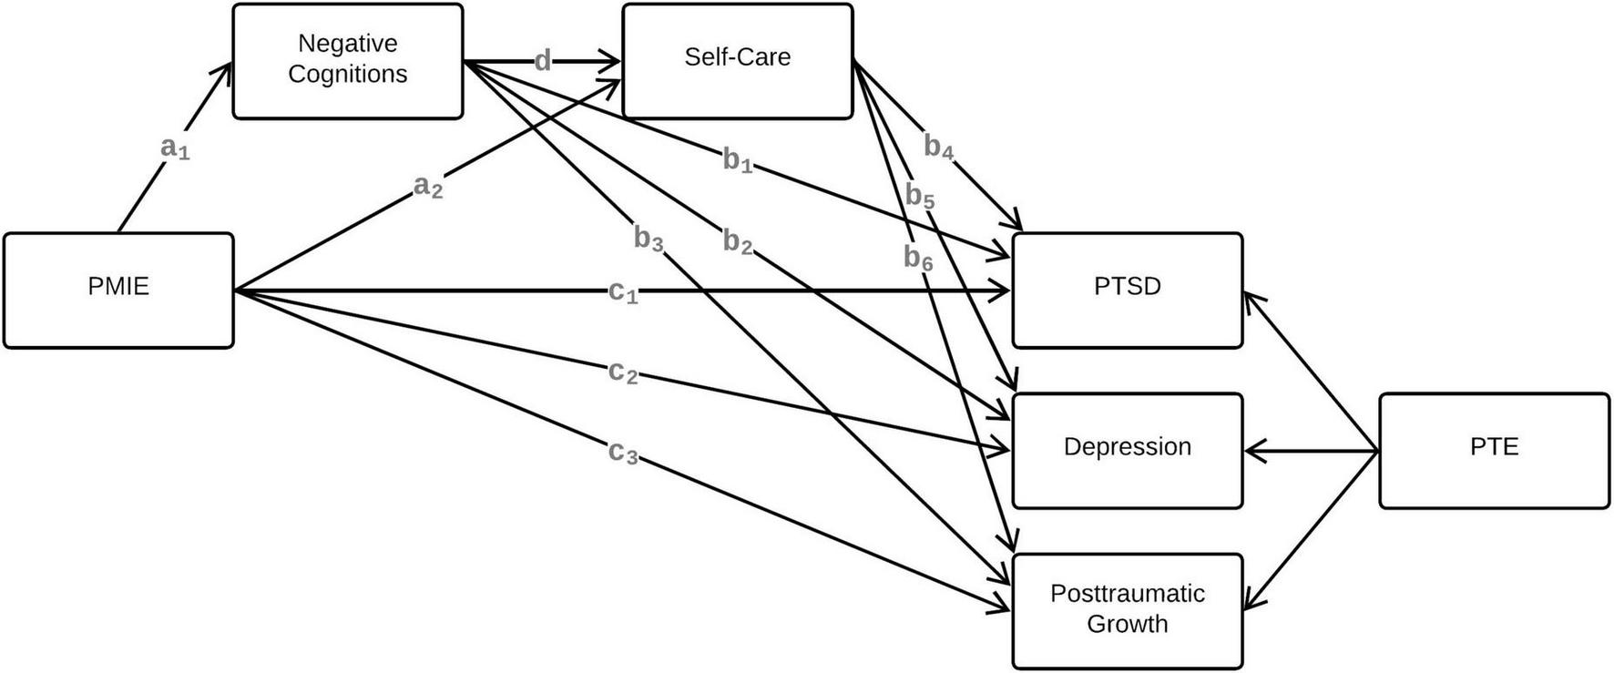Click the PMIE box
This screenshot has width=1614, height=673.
pyautogui.click(x=118, y=290)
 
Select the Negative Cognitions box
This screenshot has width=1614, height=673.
pyautogui.click(x=347, y=60)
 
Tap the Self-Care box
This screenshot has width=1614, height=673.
pyautogui.click(x=737, y=60)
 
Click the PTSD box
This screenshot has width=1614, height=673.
pyautogui.click(x=1127, y=290)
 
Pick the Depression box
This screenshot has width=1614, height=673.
pyautogui.click(x=1127, y=450)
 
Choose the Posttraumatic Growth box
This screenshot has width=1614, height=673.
pyautogui.click(x=1127, y=610)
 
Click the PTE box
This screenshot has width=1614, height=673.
pyautogui.click(x=1494, y=450)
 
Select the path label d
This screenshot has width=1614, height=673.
pyautogui.click(x=543, y=61)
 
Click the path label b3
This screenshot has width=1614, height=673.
pyautogui.click(x=649, y=240)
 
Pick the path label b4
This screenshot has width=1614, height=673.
pyautogui.click(x=939, y=147)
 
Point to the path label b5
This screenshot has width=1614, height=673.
pyautogui.click(x=920, y=196)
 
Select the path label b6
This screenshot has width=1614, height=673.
pyautogui.click(x=918, y=259)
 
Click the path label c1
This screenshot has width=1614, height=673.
pyautogui.click(x=623, y=292)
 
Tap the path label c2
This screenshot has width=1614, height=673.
pyautogui.click(x=623, y=372)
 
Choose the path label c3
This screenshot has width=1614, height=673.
pyautogui.click(x=623, y=452)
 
